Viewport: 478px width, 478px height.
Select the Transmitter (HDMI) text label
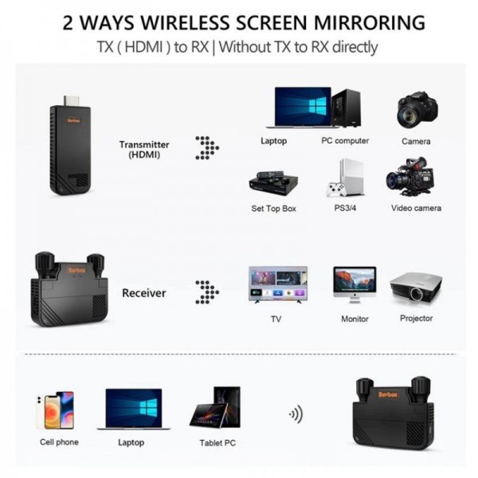pos(144,150)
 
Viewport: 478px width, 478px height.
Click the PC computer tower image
pos(346,108)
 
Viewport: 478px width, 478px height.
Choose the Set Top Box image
pos(273,182)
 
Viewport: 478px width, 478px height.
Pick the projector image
pos(415,287)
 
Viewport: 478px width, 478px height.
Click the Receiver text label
pos(144,293)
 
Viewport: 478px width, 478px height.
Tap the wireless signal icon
pos(296,414)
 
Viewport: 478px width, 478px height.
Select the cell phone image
pos(56,409)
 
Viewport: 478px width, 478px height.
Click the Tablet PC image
pos(216,407)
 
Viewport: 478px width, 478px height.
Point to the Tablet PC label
pos(217,442)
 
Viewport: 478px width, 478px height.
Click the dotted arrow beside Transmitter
pos(207,147)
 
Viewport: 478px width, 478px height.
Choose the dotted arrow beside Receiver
pos(207,292)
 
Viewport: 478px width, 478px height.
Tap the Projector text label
pos(416,319)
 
